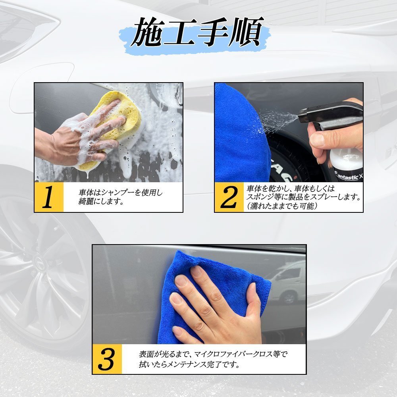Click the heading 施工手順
pyautogui.click(x=197, y=33)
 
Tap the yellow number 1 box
pyautogui.click(x=49, y=197)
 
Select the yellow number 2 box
pyautogui.click(x=229, y=197)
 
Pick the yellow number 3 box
pyautogui.click(x=107, y=359)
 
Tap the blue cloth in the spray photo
pyautogui.click(x=241, y=133)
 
